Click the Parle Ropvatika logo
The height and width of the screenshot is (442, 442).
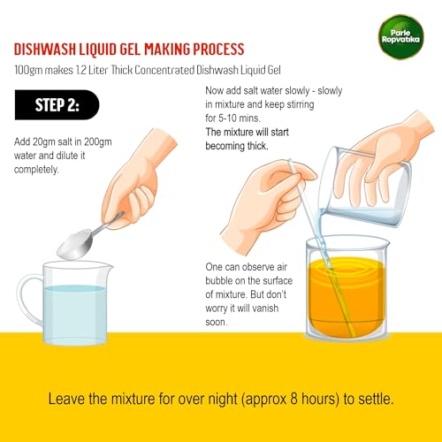tap(400, 37)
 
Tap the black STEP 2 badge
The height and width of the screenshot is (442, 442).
tap(57, 105)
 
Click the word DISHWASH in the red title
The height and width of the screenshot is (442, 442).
tap(45, 50)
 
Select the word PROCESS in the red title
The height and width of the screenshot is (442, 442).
tap(218, 50)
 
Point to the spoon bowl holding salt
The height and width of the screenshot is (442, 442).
tap(75, 245)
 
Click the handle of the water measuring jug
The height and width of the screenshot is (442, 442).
tap(29, 298)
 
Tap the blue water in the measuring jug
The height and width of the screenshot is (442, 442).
tap(74, 314)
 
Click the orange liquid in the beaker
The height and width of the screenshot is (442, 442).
tap(347, 298)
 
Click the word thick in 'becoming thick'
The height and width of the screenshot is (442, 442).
tap(257, 146)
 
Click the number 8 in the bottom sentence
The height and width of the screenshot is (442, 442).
tap(293, 399)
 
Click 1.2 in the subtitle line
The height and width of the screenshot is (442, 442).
tap(80, 70)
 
